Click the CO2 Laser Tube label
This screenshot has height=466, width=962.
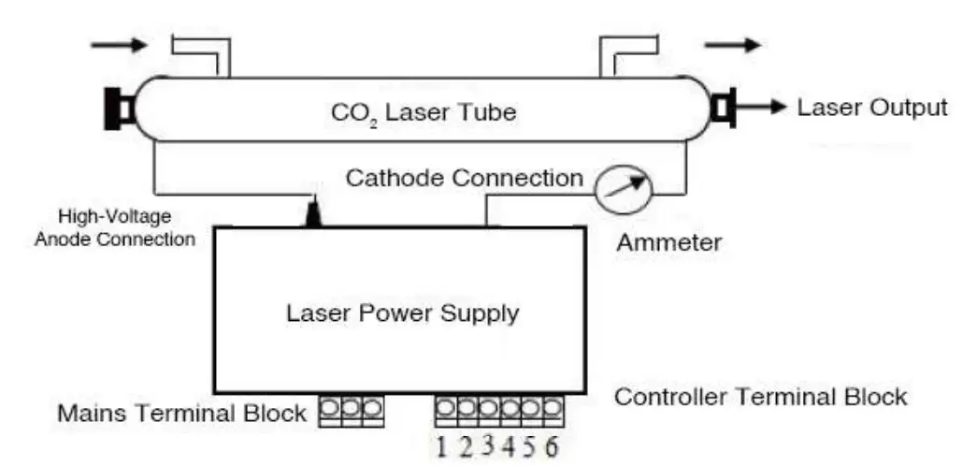424,114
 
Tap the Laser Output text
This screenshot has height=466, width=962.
871,108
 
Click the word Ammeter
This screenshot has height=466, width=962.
668,243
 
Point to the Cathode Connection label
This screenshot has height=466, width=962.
465,178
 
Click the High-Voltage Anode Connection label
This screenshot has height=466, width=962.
114,227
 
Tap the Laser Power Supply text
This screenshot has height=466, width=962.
402,313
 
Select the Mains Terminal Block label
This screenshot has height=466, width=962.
182,413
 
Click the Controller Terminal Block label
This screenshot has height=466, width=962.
760,397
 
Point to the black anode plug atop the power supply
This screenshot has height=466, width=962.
313,214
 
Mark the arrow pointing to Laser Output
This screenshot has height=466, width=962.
762,108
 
